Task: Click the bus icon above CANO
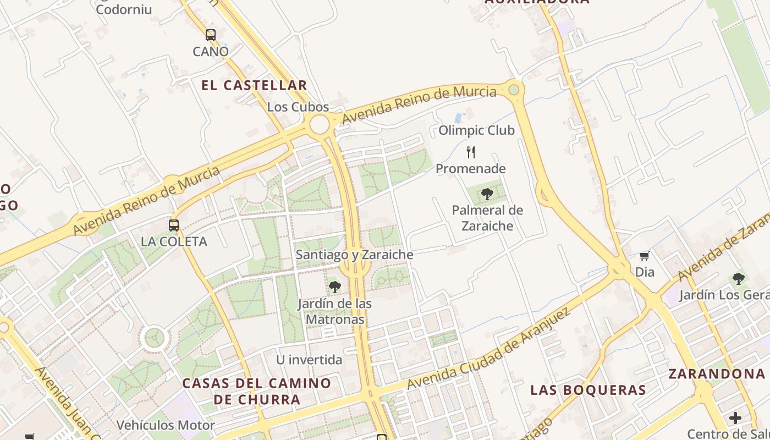tap(211, 35)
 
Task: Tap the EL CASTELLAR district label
tap(254, 85)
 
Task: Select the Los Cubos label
tap(298, 107)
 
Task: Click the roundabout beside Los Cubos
tap(320, 124)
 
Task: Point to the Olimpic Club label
tap(476, 130)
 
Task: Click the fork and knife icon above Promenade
tap(471, 152)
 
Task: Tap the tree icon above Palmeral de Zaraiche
tap(487, 194)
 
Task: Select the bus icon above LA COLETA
tap(174, 225)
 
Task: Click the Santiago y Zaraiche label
tap(354, 255)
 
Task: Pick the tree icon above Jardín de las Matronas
tap(334, 287)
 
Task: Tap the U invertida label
tap(309, 360)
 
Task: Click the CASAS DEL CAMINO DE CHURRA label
tap(257, 391)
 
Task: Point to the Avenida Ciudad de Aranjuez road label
tap(488, 349)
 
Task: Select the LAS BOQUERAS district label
tap(588, 390)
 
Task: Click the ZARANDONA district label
tap(717, 374)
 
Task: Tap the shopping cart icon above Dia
tap(645, 256)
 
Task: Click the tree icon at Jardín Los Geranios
tap(739, 279)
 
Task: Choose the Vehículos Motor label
tap(166, 425)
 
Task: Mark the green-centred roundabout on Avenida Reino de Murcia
tap(514, 89)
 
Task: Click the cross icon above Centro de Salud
tap(735, 418)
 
